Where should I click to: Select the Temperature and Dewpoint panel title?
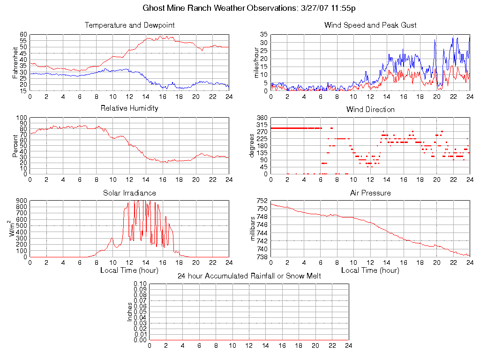pos(129,25)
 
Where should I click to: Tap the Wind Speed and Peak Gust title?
pos(370,25)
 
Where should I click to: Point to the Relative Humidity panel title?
pos(129,108)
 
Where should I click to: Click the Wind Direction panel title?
pos(370,109)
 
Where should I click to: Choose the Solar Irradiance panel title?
pos(129,193)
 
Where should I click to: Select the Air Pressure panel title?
pos(370,193)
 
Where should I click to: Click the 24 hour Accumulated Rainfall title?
pos(249,276)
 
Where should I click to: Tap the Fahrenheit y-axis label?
pos(15,62)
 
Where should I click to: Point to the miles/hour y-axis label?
pos(256,62)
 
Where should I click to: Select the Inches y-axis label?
pos(130,312)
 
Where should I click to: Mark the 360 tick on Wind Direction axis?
pos(262,118)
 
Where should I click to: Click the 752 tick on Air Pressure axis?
pos(262,201)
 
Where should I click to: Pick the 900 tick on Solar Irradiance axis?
pos(21,201)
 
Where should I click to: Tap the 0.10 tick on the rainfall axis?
pos(140,284)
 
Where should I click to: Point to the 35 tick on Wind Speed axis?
pos(263,35)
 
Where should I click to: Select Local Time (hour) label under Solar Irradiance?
pos(129,270)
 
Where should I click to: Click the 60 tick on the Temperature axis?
pos(23,35)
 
